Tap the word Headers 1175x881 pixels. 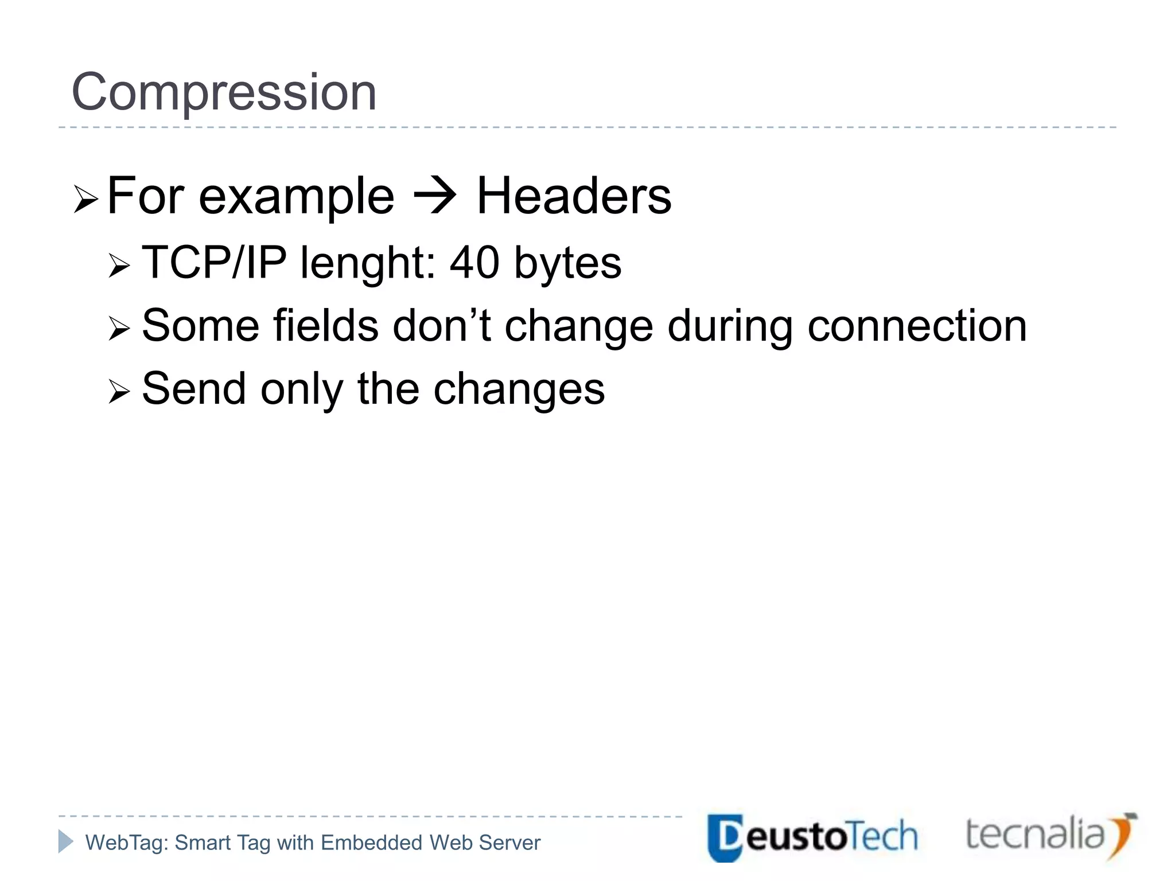pos(574,196)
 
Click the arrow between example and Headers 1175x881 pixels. pos(435,196)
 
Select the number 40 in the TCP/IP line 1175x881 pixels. pos(474,263)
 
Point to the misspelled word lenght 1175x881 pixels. pos(367,263)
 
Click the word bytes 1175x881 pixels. pos(567,263)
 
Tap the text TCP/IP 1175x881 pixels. pos(214,263)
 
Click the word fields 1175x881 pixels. pos(325,326)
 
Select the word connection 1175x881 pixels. pos(917,326)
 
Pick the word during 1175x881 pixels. pos(730,326)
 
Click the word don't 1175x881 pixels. pos(441,326)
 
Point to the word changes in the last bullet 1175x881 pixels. pos(519,389)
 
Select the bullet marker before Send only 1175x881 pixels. pos(119,392)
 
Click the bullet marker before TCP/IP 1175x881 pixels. pos(119,266)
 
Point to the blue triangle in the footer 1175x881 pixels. pos(65,841)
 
